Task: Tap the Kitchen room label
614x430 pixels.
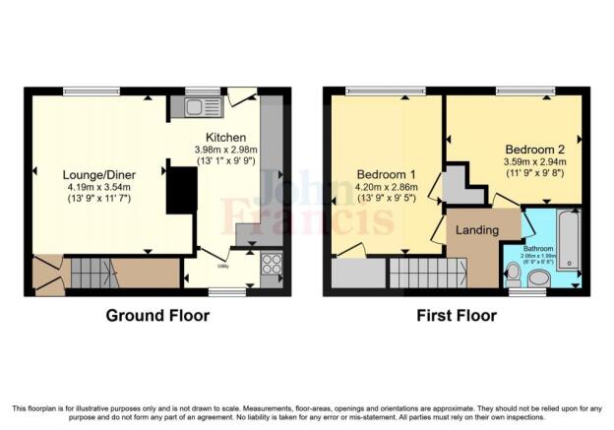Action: (225, 137)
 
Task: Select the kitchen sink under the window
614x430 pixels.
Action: (204, 106)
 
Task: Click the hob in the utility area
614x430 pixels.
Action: (271, 264)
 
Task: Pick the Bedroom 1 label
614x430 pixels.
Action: (386, 175)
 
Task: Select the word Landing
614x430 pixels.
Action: (475, 229)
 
